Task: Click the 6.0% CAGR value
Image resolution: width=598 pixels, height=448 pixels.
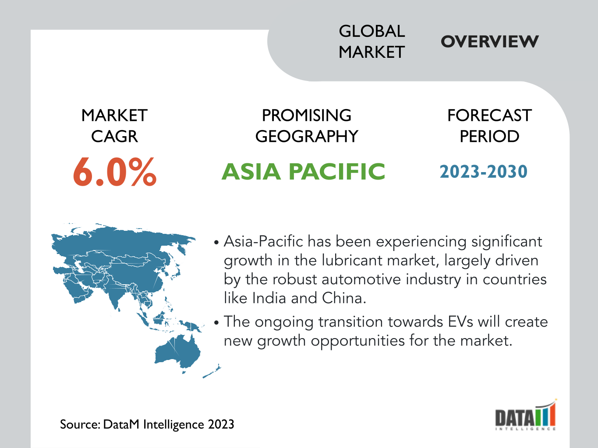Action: point(115,172)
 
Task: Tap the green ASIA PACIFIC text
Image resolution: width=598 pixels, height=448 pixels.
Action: point(303,172)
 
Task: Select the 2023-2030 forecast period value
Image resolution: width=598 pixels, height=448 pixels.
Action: point(484,172)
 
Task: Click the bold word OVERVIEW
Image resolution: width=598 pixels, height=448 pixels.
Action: point(489,42)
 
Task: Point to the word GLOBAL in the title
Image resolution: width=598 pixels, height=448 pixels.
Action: point(372,31)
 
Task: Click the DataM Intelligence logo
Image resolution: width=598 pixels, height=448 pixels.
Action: point(526,415)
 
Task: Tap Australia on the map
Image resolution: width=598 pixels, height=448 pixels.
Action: point(177,352)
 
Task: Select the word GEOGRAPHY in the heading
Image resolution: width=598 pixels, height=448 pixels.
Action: point(307,136)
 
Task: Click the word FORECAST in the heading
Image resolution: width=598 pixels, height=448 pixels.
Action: point(489,115)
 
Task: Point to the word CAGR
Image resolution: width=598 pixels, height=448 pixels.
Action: point(114,136)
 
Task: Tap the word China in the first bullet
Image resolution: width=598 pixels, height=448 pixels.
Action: point(344,298)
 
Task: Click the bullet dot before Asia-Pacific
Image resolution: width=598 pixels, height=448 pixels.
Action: point(216,242)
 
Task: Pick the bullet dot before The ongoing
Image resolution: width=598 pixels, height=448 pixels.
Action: point(216,323)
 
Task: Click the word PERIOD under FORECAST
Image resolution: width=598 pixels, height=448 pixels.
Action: point(489,136)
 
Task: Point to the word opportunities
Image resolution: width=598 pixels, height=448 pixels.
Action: point(358,341)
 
